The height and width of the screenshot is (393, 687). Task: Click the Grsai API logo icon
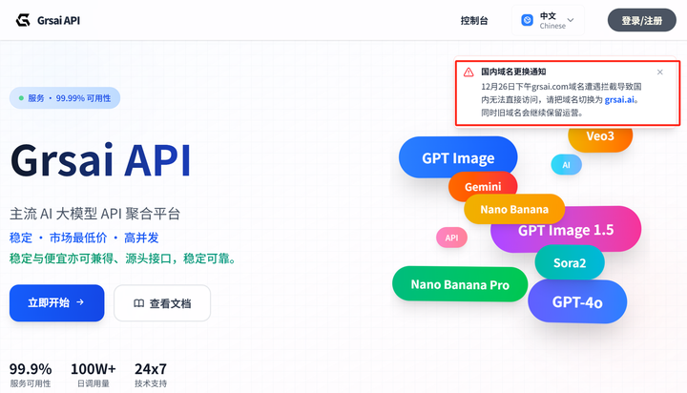click(21, 20)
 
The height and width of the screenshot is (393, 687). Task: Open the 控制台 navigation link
click(473, 20)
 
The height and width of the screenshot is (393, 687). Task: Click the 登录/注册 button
click(641, 20)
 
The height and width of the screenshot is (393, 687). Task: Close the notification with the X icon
click(660, 72)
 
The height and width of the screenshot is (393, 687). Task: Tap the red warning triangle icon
click(468, 72)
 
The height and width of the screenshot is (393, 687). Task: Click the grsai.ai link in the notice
click(620, 99)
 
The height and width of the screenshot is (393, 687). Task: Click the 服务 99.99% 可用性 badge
click(65, 97)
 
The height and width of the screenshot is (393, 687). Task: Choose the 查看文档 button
click(162, 303)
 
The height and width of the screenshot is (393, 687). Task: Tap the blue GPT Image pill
click(458, 158)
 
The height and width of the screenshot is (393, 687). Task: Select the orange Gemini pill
click(483, 187)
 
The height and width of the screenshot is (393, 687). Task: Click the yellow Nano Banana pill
click(514, 209)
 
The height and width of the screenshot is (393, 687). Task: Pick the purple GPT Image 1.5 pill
click(566, 230)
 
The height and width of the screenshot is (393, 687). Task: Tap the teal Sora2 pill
click(570, 262)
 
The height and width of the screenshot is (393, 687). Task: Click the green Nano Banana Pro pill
click(460, 284)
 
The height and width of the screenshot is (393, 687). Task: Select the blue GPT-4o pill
click(577, 302)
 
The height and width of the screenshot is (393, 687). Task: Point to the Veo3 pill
click(600, 136)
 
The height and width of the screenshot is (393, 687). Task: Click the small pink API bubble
click(451, 238)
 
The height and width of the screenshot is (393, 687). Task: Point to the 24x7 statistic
click(151, 369)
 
